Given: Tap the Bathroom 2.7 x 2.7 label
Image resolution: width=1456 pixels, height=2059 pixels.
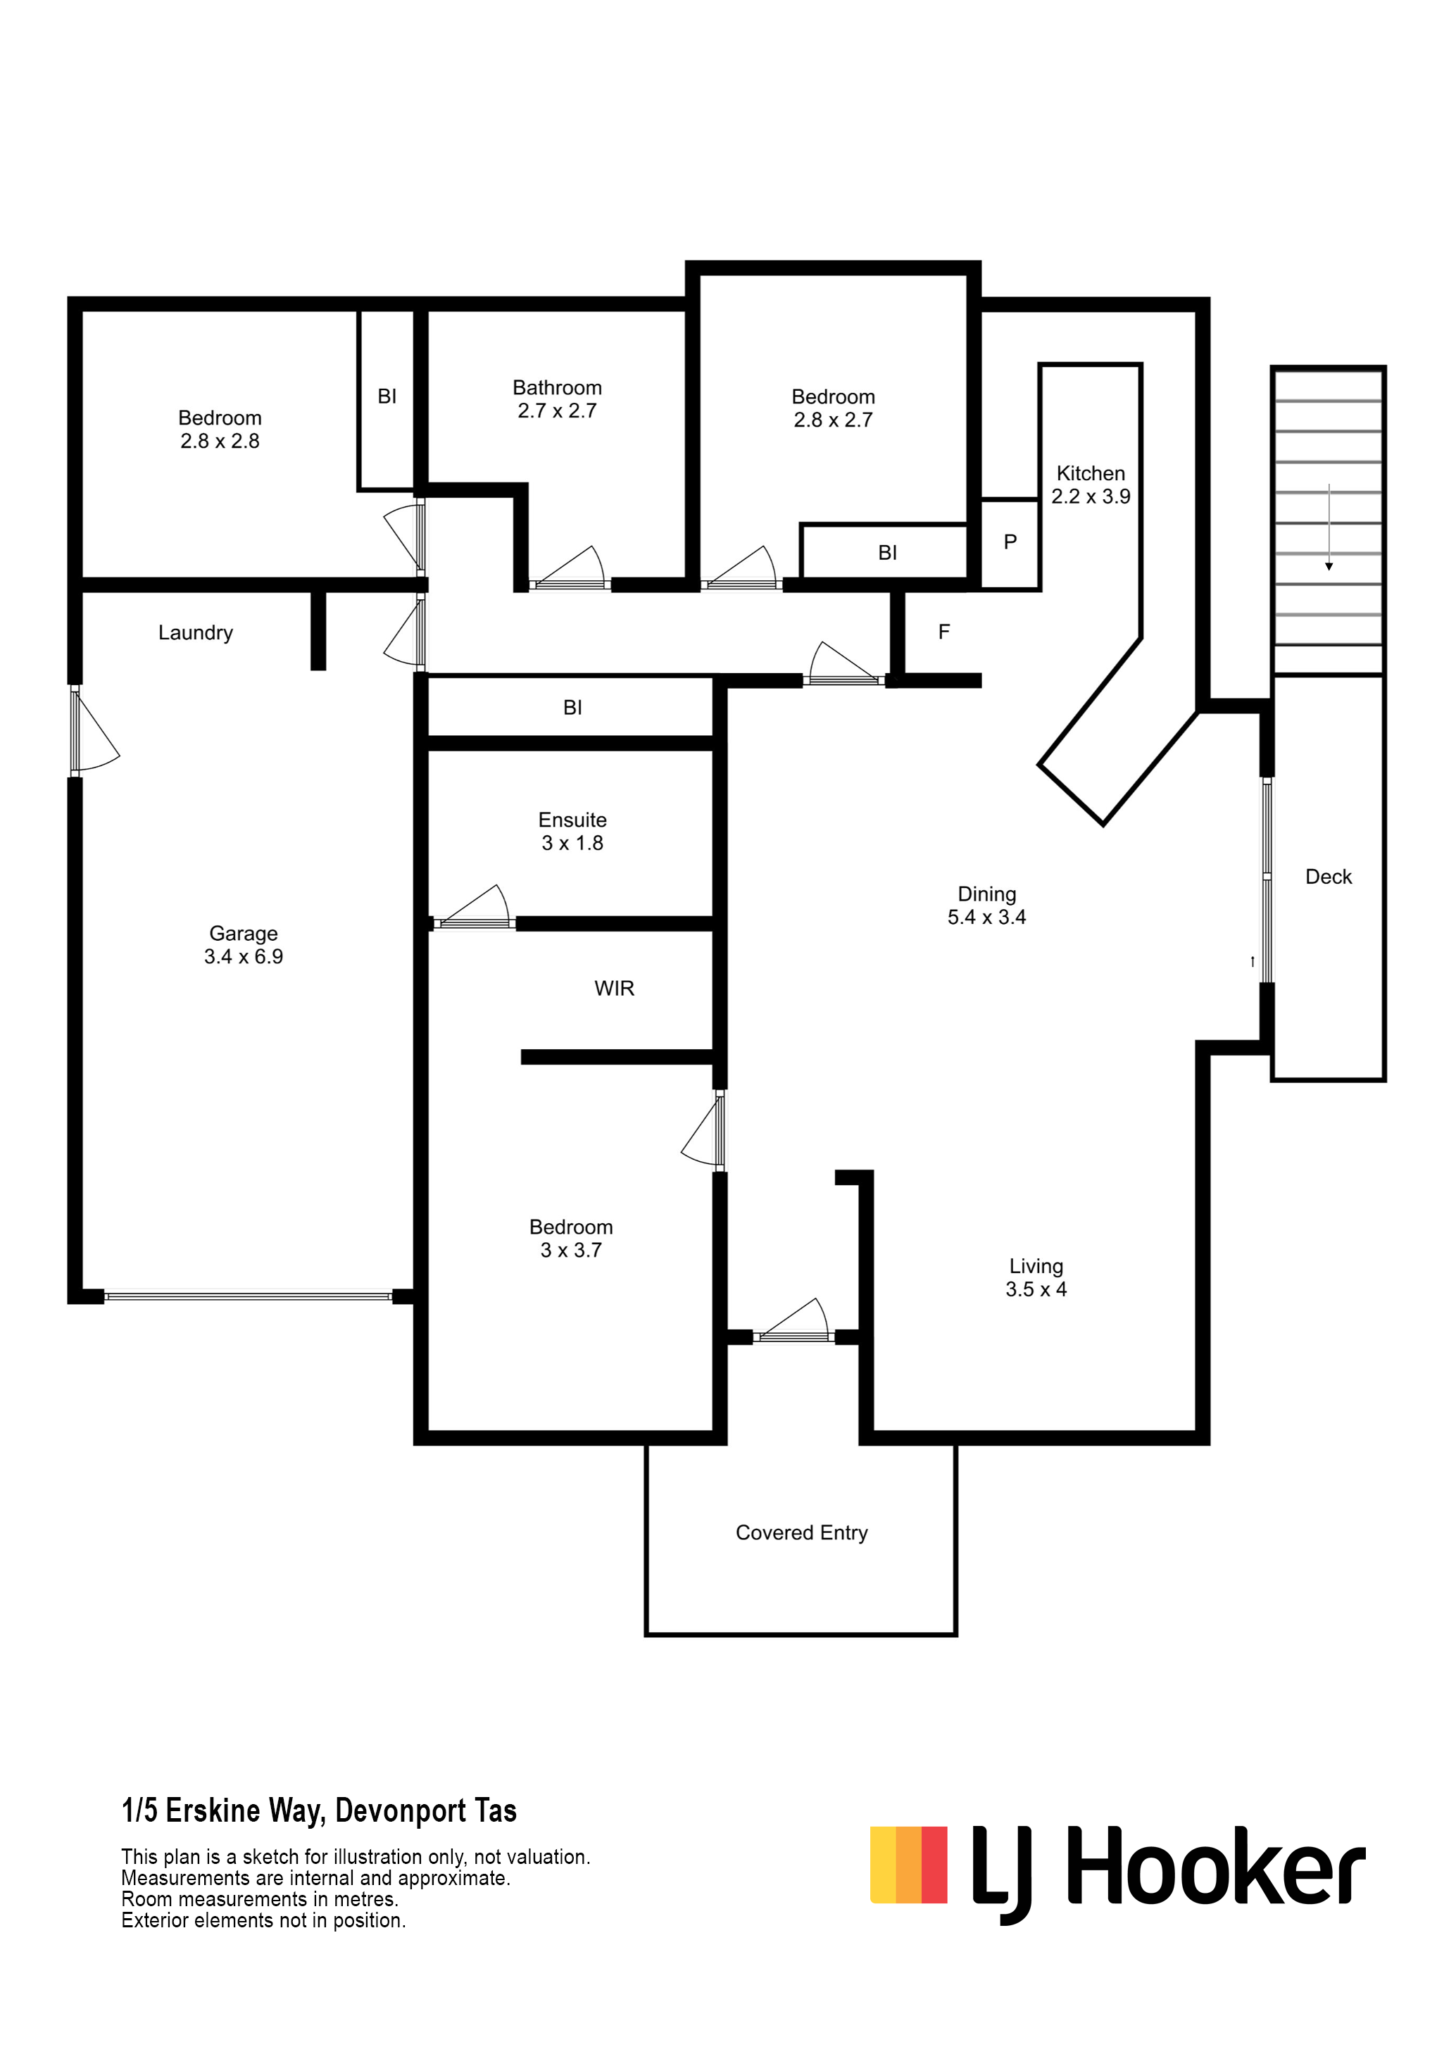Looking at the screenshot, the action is (x=557, y=399).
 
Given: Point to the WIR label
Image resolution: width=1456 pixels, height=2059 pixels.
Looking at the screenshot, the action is (x=614, y=988).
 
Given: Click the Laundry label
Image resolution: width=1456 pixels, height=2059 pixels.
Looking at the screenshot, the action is (x=196, y=633).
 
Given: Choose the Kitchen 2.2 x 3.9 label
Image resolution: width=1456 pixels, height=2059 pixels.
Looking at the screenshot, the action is (x=1090, y=484).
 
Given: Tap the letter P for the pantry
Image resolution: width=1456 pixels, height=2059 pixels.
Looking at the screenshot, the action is (x=1010, y=542).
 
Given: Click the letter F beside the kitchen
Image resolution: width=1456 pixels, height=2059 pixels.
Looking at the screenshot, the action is (x=944, y=632).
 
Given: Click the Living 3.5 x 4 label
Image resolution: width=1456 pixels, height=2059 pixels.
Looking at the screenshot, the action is (x=1036, y=1278).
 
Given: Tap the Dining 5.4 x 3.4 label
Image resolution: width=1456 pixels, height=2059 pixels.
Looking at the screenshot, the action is (x=986, y=905).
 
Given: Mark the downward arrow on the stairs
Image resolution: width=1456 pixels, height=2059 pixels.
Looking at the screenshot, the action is (x=1329, y=527).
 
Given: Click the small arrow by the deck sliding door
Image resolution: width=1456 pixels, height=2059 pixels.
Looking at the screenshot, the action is (x=1253, y=961).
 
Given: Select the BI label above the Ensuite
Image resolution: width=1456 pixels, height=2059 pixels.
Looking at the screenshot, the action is (x=572, y=708).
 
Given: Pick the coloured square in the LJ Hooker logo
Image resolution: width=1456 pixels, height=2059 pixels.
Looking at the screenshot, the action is (x=908, y=1865).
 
